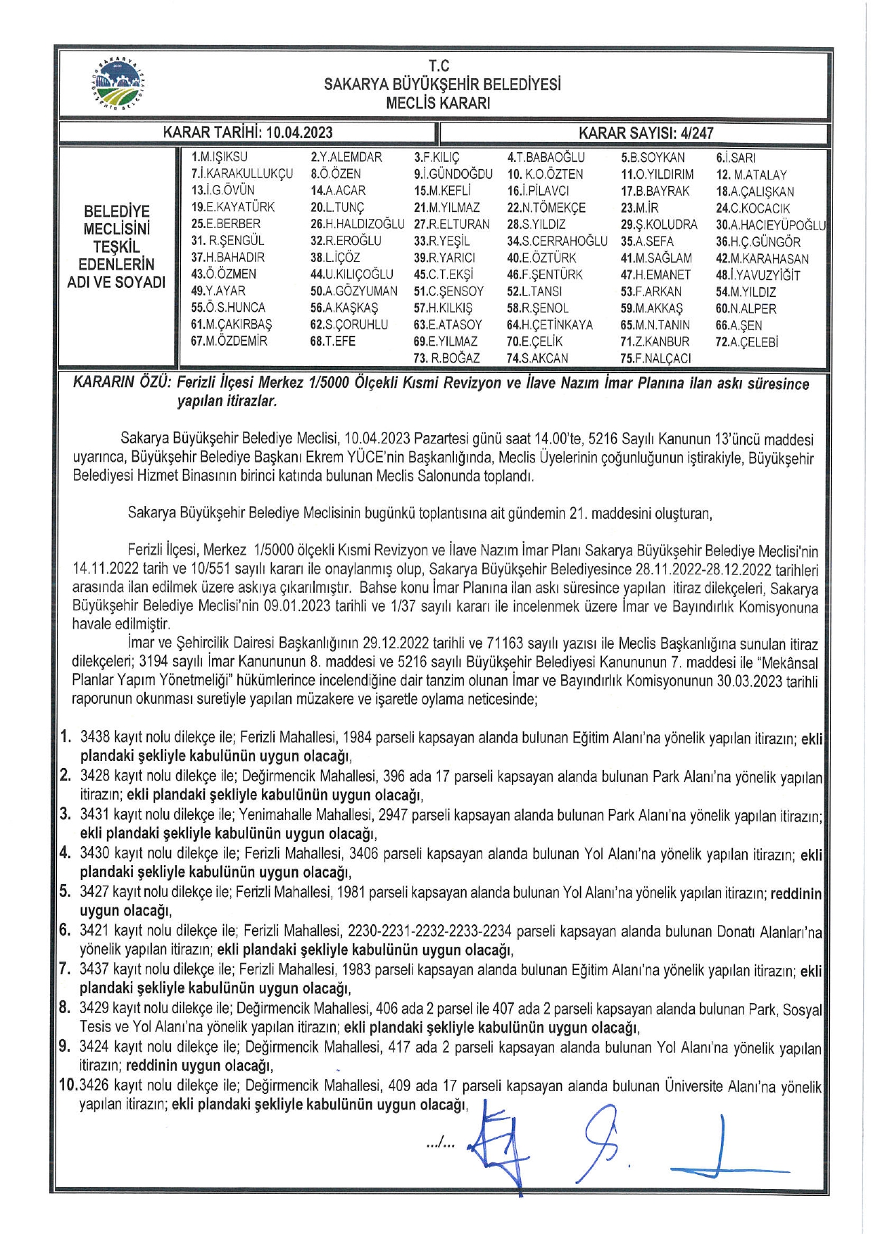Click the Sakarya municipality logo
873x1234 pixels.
click(120, 83)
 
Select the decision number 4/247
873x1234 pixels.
click(693, 132)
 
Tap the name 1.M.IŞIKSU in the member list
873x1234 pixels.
click(220, 157)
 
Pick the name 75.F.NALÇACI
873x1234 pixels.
click(655, 358)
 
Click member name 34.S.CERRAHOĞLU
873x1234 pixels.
click(557, 241)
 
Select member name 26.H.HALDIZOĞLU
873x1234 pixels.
click(358, 224)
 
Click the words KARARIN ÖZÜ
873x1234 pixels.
click(122, 384)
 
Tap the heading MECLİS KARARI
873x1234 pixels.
click(438, 103)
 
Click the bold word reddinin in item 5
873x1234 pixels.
click(796, 893)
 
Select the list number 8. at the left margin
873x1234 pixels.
click(65, 1007)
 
